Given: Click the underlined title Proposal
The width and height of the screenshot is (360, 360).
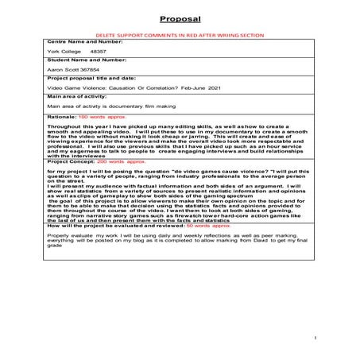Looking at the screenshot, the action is (x=180, y=17).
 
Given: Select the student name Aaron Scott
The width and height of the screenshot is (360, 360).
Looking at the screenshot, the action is (x=65, y=90).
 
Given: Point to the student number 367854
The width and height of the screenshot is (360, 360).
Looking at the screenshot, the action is (x=96, y=90).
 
